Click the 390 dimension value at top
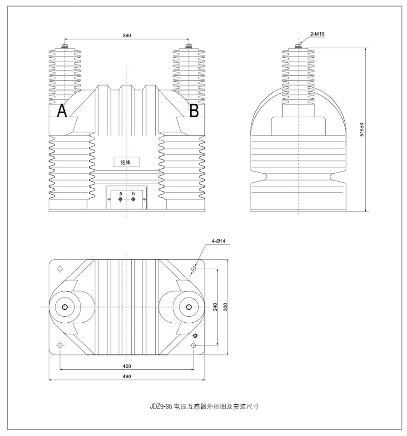[x=127, y=35]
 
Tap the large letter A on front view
[x=62, y=111]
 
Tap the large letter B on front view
[x=194, y=111]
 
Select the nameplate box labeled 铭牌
[x=126, y=161]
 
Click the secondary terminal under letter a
[x=120, y=199]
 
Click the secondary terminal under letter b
[x=133, y=199]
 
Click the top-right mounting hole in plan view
[x=194, y=269]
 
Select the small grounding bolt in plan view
[x=195, y=336]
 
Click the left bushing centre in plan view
[x=64, y=307]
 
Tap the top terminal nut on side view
[x=298, y=46]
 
